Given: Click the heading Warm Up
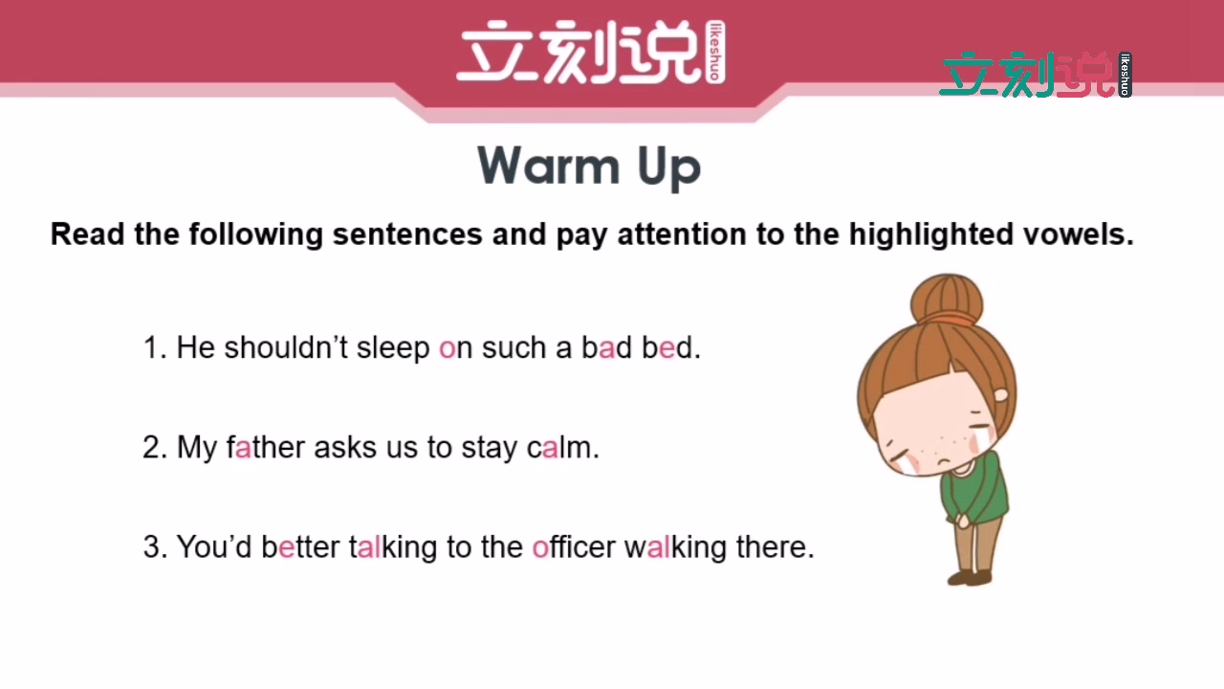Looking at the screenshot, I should pyautogui.click(x=589, y=167).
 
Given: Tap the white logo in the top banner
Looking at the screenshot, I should pyautogui.click(x=590, y=54).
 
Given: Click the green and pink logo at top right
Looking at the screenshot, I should pyautogui.click(x=1035, y=75).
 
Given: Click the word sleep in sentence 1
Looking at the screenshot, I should pyautogui.click(x=393, y=348).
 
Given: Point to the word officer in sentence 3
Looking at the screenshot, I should pyautogui.click(x=574, y=546).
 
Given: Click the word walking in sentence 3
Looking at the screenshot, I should pyautogui.click(x=675, y=547).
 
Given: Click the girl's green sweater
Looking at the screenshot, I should pyautogui.click(x=975, y=493).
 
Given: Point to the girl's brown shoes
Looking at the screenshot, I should pyautogui.click(x=970, y=577).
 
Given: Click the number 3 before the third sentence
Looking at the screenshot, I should pyautogui.click(x=150, y=547).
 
